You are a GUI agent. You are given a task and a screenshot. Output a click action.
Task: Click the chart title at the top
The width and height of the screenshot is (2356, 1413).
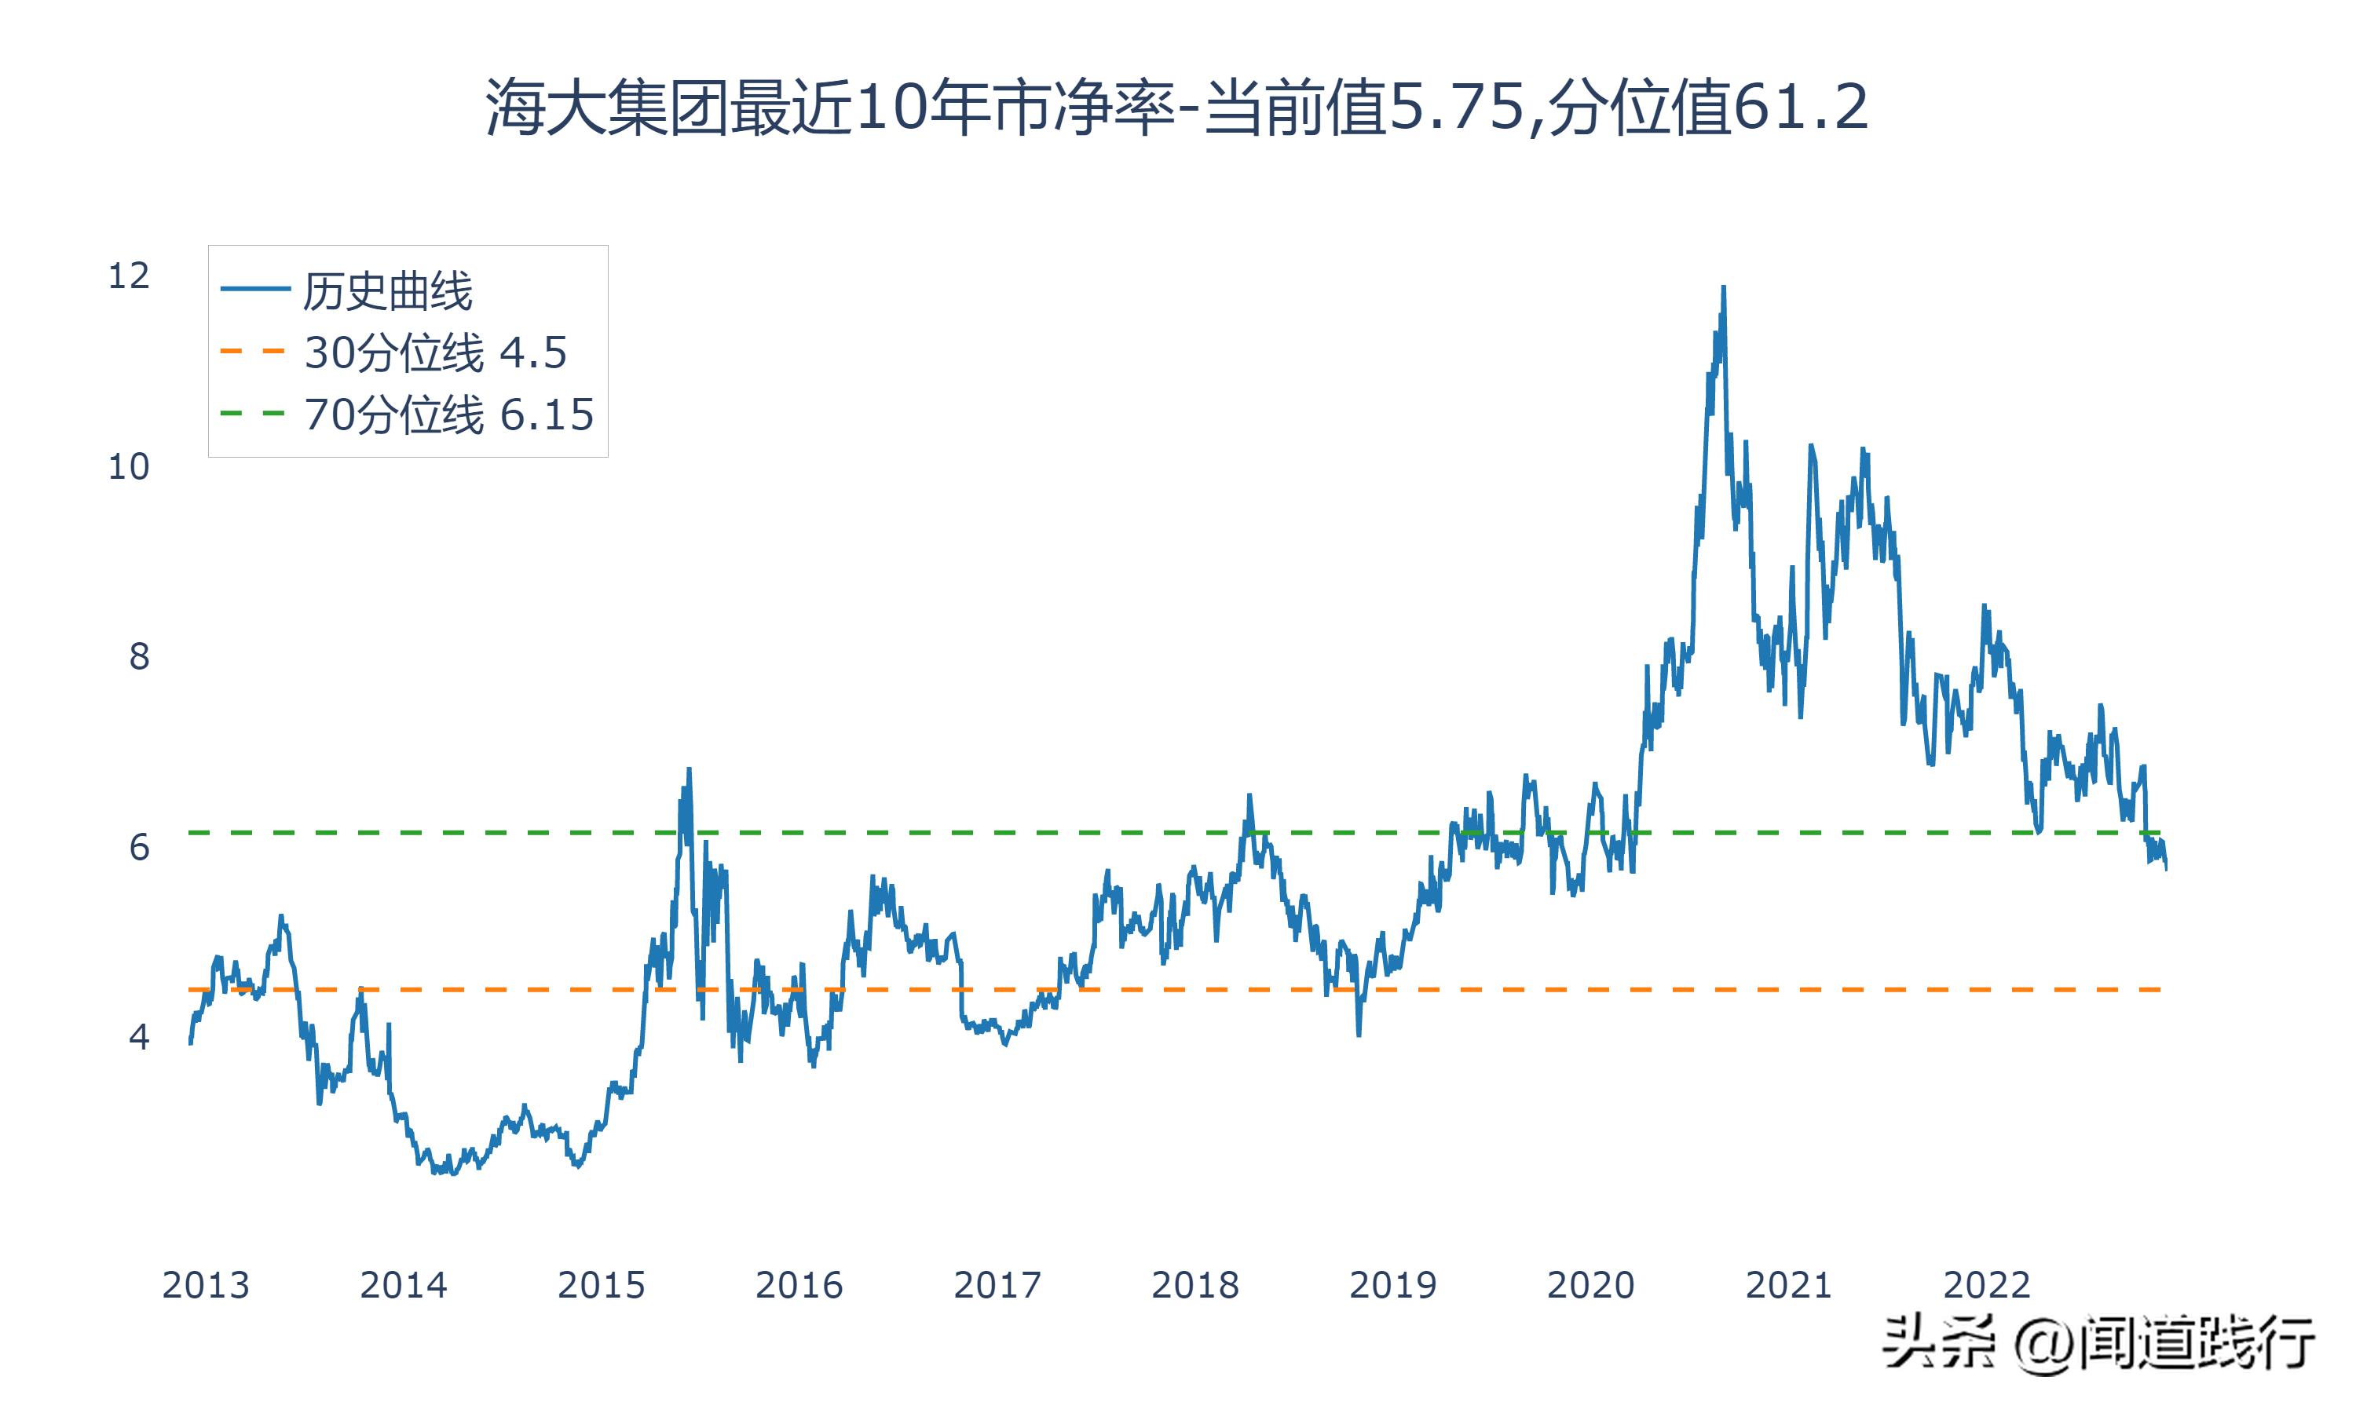(1177, 108)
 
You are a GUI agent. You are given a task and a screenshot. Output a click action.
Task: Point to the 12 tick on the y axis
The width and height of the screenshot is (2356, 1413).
(129, 276)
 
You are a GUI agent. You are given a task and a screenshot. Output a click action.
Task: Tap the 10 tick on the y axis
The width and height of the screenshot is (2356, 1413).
(129, 466)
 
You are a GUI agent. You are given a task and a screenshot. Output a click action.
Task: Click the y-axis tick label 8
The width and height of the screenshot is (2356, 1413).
(139, 656)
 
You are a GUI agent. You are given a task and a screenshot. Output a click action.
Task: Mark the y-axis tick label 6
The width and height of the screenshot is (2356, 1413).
(139, 846)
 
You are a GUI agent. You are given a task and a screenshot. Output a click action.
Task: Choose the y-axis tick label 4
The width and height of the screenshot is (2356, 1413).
(139, 1036)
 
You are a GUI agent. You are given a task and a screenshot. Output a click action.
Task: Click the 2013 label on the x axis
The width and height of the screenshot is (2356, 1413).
(205, 1285)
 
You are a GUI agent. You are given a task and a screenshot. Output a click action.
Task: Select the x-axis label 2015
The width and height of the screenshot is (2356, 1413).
(601, 1285)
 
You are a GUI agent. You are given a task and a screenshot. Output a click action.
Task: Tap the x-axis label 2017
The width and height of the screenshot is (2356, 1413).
(997, 1285)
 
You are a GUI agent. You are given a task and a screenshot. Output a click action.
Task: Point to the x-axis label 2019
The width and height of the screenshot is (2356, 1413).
(1392, 1285)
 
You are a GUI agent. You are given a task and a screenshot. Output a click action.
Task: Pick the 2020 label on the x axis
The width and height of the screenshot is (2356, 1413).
(1590, 1285)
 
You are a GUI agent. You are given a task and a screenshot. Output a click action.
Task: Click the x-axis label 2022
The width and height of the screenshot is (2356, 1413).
(1987, 1285)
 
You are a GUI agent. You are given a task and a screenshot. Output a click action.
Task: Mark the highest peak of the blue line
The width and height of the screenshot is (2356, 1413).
(1724, 287)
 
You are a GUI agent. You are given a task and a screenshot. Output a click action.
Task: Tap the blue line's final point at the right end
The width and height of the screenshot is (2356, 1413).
(2167, 868)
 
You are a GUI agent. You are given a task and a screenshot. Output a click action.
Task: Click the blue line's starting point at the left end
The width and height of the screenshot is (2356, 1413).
(191, 1043)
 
